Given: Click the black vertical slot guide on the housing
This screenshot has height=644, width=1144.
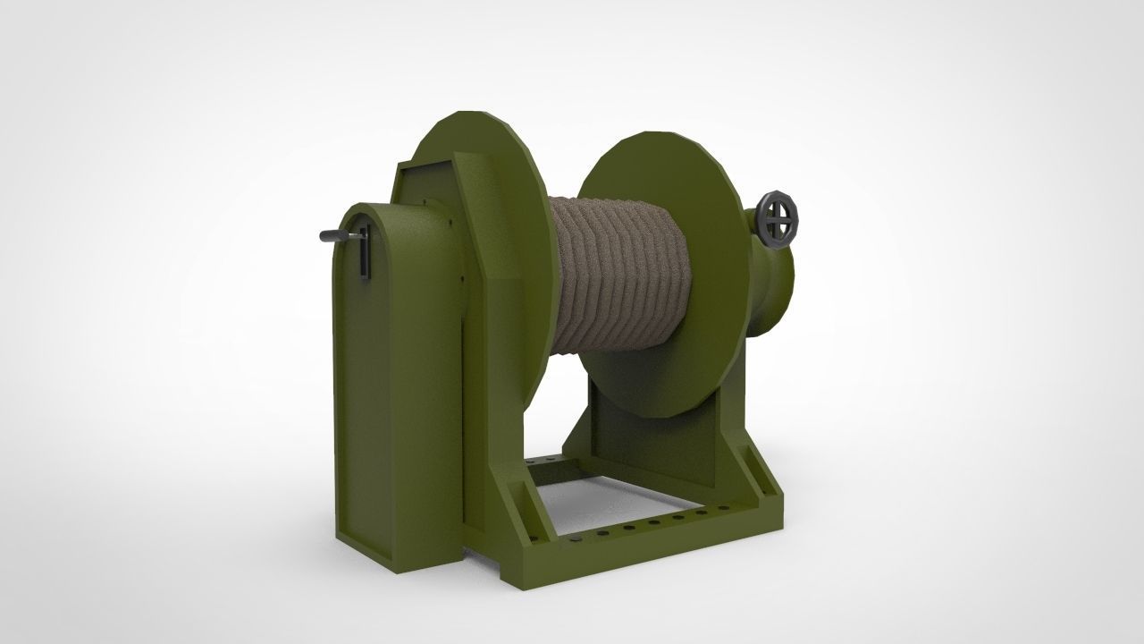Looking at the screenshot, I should click(365, 254).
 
